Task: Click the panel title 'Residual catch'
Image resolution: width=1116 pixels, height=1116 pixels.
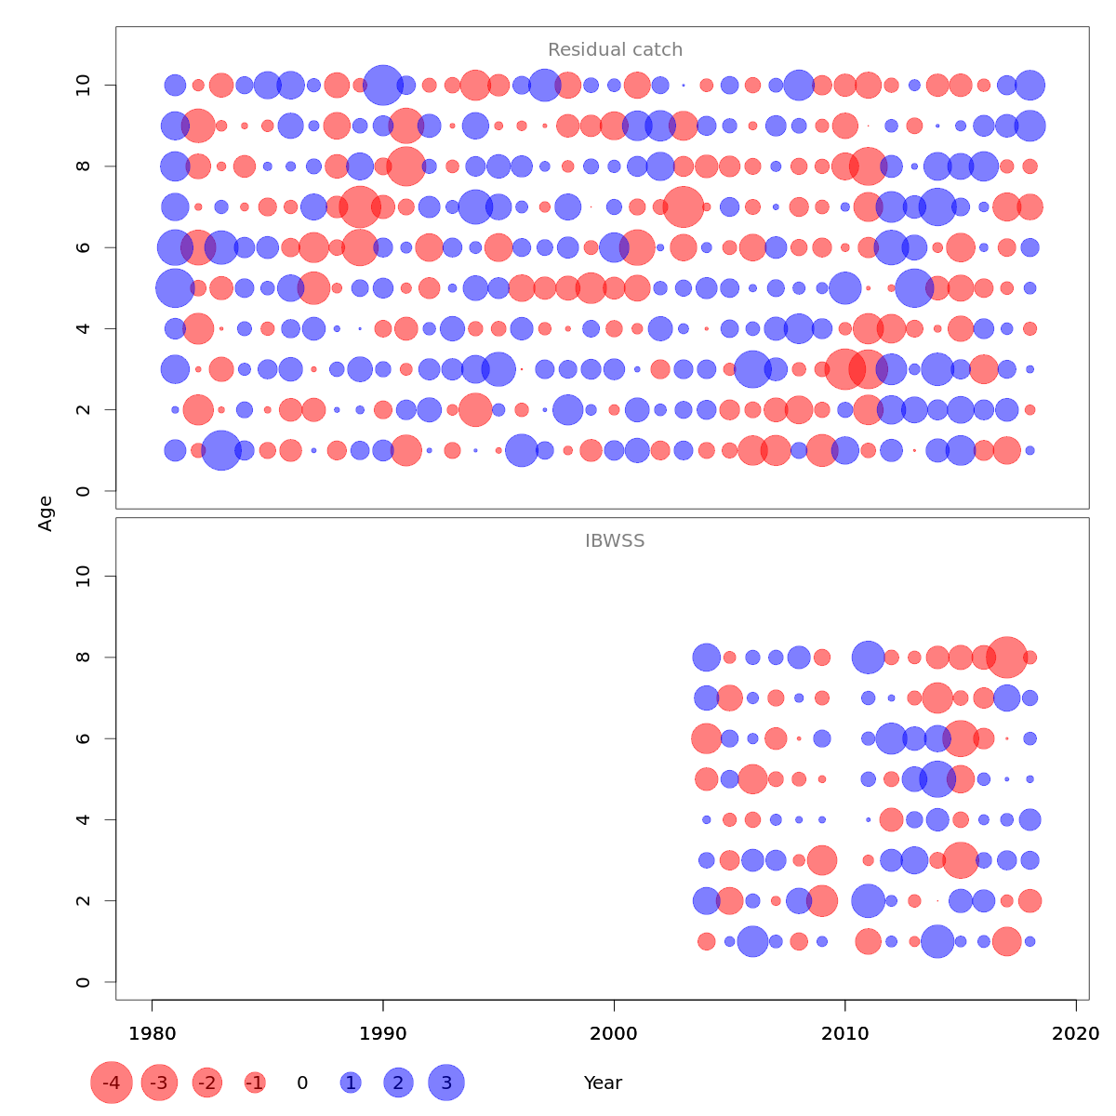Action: pos(615,50)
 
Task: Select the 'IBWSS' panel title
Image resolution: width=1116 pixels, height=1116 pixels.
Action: pos(615,541)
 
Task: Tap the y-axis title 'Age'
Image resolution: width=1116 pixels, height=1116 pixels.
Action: pos(46,513)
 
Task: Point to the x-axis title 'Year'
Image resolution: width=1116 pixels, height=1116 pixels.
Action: pos(603,1083)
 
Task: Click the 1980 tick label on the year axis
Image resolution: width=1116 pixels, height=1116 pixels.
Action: pos(152,1033)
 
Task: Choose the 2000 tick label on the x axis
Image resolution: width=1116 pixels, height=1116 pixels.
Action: pos(614,1033)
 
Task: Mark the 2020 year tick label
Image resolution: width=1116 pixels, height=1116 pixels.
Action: pos(1076,1033)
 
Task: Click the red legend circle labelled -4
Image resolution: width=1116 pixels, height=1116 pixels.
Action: pos(112,1083)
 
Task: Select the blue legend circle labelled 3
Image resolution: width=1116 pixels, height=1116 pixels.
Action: pos(446,1083)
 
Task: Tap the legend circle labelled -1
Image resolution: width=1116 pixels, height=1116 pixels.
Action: pos(255,1083)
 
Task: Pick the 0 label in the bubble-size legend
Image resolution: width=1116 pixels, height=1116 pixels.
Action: pos(302,1083)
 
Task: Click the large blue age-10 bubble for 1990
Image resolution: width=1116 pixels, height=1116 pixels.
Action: pos(382,86)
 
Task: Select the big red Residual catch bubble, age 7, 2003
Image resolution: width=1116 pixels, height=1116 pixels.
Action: pos(684,206)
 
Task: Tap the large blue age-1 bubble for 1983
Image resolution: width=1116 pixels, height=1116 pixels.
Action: pos(221,451)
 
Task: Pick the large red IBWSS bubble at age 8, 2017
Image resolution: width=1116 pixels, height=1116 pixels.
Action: pos(1006,658)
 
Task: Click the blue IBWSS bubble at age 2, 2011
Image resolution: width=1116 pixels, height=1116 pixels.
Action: pos(868,900)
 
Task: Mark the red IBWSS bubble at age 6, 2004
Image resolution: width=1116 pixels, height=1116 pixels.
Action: pos(706,738)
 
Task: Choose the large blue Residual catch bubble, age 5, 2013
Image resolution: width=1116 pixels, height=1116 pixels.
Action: pos(914,287)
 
